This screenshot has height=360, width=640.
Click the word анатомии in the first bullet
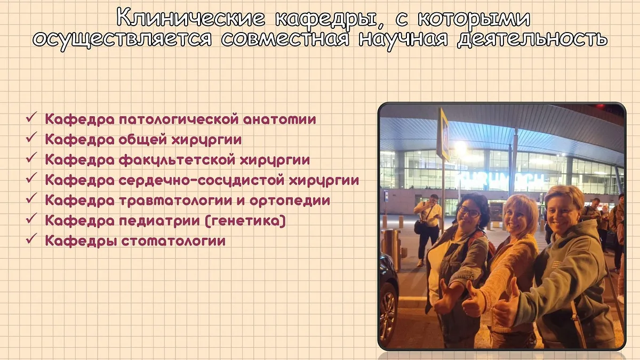[x=279, y=119]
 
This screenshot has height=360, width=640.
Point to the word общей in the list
[x=142, y=140]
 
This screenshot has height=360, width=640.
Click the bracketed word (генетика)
[x=245, y=221]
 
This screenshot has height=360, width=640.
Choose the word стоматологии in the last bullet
[x=173, y=241]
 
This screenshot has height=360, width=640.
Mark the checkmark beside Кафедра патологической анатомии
[x=31, y=117]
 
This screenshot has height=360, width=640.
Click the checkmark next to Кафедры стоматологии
[x=31, y=239]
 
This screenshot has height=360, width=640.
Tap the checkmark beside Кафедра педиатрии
[x=31, y=219]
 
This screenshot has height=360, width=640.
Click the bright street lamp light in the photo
[x=460, y=146]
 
